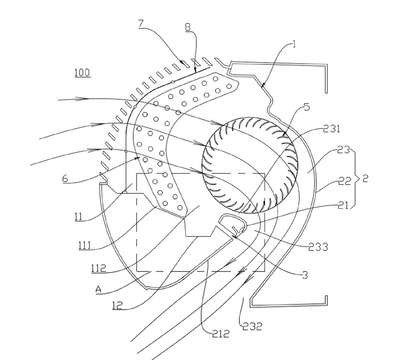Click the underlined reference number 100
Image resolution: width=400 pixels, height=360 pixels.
coord(82,73)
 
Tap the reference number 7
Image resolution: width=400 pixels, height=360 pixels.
coord(140,24)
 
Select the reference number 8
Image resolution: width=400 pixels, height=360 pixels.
coord(189,27)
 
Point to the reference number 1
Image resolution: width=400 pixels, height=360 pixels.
coord(294,44)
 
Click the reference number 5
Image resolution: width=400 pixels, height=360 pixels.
coord(307,107)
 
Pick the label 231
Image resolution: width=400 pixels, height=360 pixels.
coord(331,129)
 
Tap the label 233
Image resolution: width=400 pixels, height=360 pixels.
coord(319,247)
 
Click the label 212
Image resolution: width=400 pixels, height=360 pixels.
coord(221,333)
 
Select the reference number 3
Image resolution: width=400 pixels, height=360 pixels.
coord(304,275)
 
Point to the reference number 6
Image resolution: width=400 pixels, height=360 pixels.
coord(65,179)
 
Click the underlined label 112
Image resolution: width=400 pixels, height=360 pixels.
coord(98,268)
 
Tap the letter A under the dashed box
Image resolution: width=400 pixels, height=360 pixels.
coord(98,290)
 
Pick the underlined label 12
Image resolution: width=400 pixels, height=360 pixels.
coord(117,306)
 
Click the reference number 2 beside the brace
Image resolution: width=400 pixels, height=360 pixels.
coord(365,179)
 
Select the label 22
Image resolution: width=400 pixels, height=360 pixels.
coord(345,182)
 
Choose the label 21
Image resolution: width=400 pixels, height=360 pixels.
coord(342,206)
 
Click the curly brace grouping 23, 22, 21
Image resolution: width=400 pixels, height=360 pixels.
coord(356,179)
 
